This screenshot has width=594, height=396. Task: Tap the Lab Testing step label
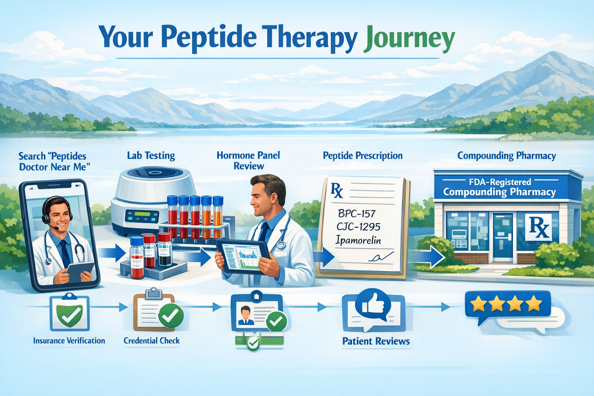(x=151, y=155)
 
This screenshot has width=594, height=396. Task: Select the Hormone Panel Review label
(x=248, y=160)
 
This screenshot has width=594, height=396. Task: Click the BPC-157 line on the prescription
(x=356, y=213)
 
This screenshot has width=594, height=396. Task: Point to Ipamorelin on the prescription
(x=358, y=241)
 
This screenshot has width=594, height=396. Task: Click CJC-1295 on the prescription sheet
(x=358, y=227)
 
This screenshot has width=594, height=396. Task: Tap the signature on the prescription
(x=381, y=257)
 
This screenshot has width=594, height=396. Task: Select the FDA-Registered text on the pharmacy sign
(x=500, y=182)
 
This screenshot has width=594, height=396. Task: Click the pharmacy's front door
(x=502, y=236)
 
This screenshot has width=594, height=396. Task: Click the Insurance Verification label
(x=69, y=341)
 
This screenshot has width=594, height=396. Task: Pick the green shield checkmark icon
(x=69, y=314)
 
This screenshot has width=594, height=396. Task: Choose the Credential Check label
(x=152, y=341)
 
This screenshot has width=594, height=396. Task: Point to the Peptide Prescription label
(x=363, y=155)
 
